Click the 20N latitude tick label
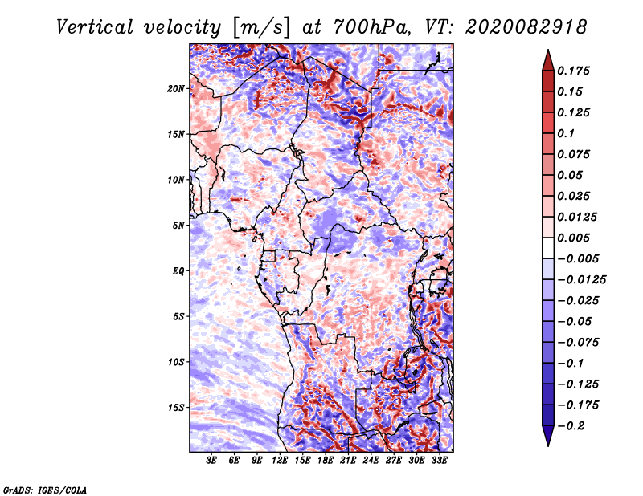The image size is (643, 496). click(177, 88)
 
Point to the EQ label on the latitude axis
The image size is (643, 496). click(178, 270)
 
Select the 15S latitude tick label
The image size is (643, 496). click(177, 407)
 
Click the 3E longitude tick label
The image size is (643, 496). click(212, 461)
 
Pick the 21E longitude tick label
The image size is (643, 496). click(348, 461)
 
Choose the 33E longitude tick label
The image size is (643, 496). click(439, 461)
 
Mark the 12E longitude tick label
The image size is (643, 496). click(280, 461)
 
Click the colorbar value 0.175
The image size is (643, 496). click(575, 71)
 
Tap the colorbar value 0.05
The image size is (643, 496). click(573, 175)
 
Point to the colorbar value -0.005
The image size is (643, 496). click(578, 258)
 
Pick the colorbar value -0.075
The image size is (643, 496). click(578, 342)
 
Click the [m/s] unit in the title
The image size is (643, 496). click(259, 27)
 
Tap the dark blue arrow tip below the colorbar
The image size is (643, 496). click(547, 440)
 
